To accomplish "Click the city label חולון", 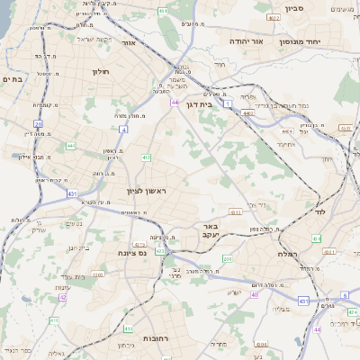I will pos(100,70).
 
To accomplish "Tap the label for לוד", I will pos(320,213).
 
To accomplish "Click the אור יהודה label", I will pos(244,41).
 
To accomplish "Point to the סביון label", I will pos(296,9).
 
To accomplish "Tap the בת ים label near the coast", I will pos(13,79).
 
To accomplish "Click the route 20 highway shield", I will pos(38,123).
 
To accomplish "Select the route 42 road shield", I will pos(63,296).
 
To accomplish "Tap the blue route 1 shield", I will pos(229,105).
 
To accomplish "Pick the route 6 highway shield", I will pos(345,294).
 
